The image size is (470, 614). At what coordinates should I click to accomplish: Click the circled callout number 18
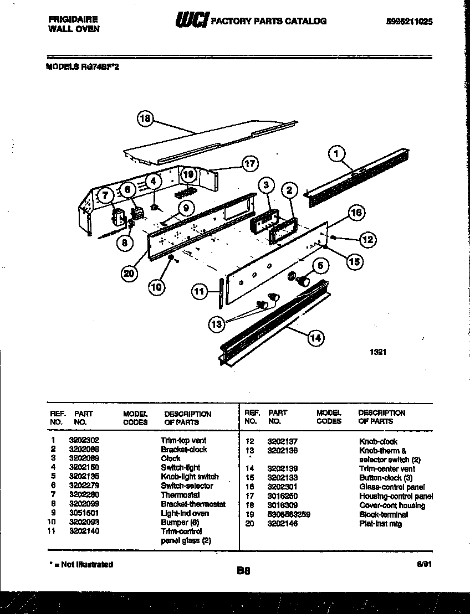[145, 118]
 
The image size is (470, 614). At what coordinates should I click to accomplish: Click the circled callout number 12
[367, 239]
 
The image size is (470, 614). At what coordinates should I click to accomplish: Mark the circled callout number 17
[250, 163]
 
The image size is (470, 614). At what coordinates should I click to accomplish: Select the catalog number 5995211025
[409, 22]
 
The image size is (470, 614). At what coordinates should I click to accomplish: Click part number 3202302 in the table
[84, 440]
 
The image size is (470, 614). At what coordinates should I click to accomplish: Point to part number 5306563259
[288, 514]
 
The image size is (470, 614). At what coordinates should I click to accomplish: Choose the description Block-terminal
[384, 514]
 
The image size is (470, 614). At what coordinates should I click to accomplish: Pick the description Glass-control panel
[392, 487]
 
